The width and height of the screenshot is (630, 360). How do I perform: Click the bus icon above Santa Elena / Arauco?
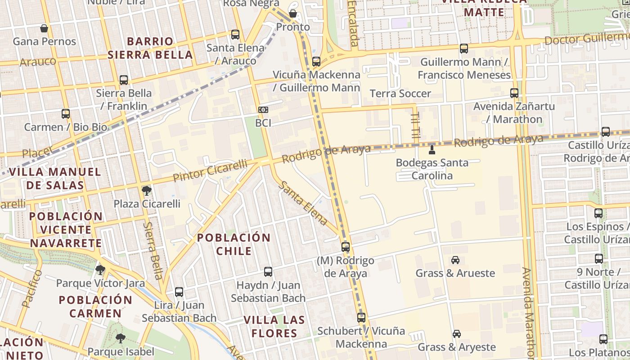[235, 35]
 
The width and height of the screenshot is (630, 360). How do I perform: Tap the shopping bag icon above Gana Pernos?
[44, 28]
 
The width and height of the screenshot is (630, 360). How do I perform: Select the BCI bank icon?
[263, 110]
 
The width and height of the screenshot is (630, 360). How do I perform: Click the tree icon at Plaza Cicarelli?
[146, 191]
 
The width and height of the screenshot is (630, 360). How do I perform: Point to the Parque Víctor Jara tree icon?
[100, 270]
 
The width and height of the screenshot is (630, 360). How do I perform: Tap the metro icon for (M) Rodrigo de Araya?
[345, 247]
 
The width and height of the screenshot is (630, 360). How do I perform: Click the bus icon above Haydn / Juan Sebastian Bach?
[268, 272]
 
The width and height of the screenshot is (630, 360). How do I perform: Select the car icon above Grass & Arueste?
[455, 260]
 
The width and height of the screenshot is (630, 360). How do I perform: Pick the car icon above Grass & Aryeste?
[456, 334]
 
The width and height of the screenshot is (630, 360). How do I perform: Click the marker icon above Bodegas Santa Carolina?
[432, 149]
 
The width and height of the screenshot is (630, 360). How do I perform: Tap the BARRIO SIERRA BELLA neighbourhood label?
[150, 48]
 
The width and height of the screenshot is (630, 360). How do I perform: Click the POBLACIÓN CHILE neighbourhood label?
[234, 244]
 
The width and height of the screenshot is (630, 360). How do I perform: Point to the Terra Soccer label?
[400, 94]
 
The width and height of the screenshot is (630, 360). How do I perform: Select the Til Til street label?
[415, 125]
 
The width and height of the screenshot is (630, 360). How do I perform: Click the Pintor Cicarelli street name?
[210, 171]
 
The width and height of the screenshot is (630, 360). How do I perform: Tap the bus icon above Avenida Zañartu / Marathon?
[514, 93]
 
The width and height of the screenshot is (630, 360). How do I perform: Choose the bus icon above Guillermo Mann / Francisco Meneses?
[464, 49]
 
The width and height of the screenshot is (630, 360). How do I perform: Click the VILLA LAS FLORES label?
[274, 327]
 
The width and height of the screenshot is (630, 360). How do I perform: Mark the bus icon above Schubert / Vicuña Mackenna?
[361, 318]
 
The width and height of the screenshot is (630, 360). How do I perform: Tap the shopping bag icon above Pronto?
[293, 13]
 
